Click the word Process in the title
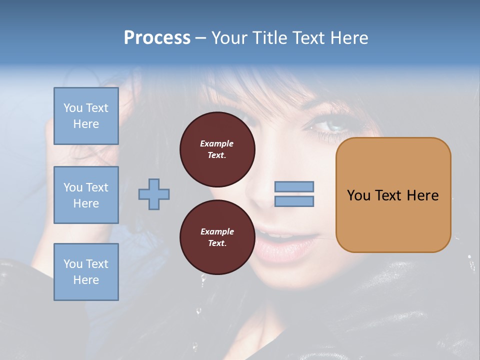[157, 38]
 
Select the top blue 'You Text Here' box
[86, 116]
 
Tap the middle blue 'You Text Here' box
[86, 195]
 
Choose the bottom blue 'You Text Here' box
[86, 272]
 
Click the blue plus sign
[154, 194]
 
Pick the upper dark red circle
[217, 149]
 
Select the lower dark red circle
[217, 237]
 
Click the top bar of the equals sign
[294, 187]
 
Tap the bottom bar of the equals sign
[294, 201]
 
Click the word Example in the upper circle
[217, 143]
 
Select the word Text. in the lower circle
[217, 243]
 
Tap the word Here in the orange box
[422, 195]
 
